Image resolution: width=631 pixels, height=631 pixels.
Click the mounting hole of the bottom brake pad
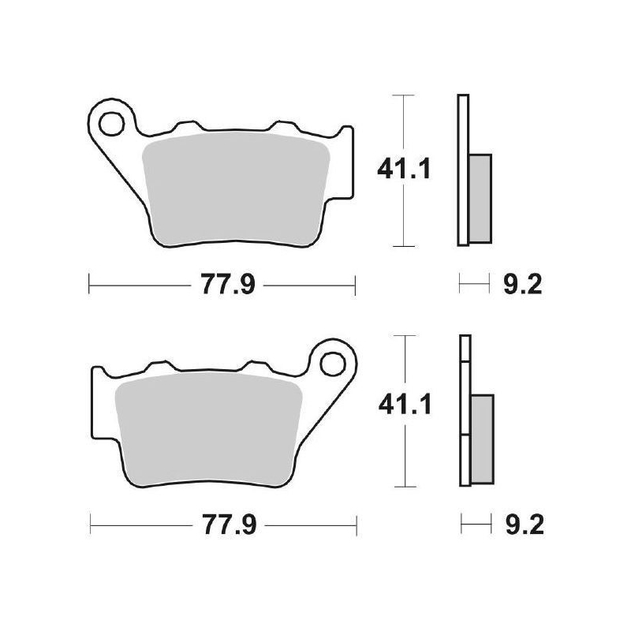(x=333, y=364)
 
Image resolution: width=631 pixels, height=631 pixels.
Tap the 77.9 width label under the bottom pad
(x=224, y=525)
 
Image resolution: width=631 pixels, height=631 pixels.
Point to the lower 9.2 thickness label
(x=520, y=525)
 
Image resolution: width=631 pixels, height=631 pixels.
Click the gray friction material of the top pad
(x=237, y=189)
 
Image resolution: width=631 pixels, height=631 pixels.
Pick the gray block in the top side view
(x=480, y=197)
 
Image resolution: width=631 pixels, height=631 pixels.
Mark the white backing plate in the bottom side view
(x=465, y=347)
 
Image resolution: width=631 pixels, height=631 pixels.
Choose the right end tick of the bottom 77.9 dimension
(x=357, y=525)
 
